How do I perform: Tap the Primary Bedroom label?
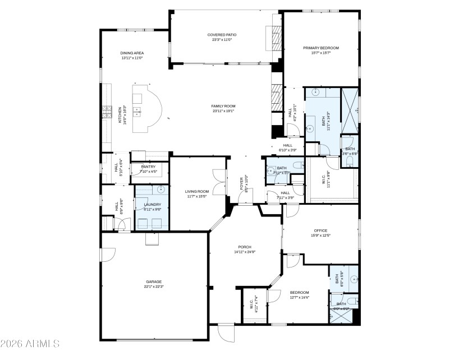coord(321,48)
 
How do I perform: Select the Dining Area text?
coord(132,53)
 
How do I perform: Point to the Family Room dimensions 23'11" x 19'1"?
coord(223,111)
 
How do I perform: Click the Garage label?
coord(154,281)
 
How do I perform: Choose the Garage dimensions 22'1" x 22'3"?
coord(154,287)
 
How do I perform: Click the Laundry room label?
coord(153,205)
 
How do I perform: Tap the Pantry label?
coord(148,167)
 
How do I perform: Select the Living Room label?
coord(197,192)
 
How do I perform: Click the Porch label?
coord(244,247)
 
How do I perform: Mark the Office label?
coord(320,230)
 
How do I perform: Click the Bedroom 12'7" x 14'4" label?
coord(299,293)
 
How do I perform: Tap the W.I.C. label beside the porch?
coord(251,305)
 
